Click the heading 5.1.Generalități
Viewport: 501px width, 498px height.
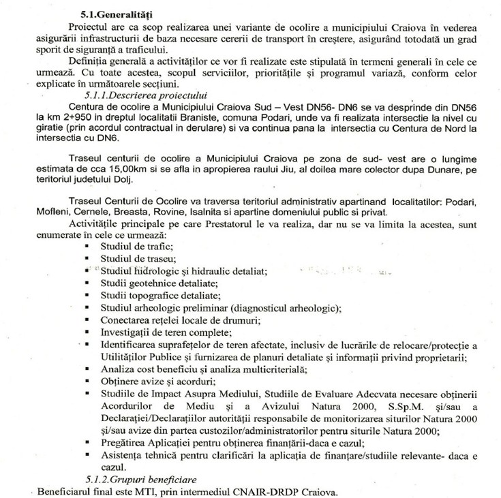pos(112,13)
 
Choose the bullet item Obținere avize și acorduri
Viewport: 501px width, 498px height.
pos(158,382)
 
